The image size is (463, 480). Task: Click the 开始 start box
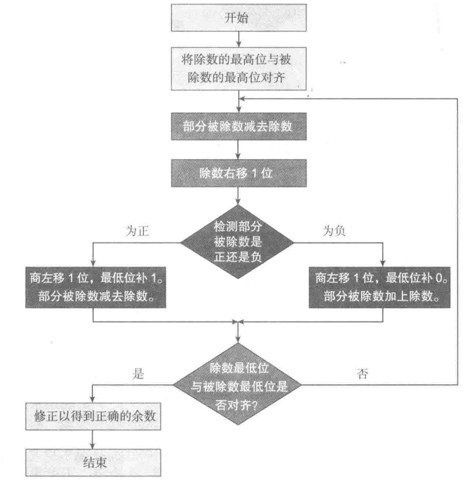pyautogui.click(x=239, y=18)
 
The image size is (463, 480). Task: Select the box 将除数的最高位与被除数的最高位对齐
pyautogui.click(x=239, y=68)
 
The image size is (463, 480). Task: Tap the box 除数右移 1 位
pyautogui.click(x=239, y=173)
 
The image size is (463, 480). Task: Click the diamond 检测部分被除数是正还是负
pyautogui.click(x=237, y=242)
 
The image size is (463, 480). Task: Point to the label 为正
pyautogui.click(x=137, y=231)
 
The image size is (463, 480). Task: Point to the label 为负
pyautogui.click(x=334, y=231)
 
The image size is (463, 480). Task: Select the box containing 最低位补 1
pyautogui.click(x=96, y=287)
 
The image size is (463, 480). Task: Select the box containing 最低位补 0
pyautogui.click(x=379, y=287)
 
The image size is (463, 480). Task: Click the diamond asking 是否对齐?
pyautogui.click(x=237, y=384)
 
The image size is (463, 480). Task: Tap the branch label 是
pyautogui.click(x=138, y=374)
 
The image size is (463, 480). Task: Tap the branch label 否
pyautogui.click(x=362, y=374)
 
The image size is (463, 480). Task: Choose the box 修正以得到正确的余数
pyautogui.click(x=93, y=416)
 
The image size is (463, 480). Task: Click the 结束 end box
pyautogui.click(x=93, y=462)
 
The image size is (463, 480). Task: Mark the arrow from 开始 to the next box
pyautogui.click(x=239, y=39)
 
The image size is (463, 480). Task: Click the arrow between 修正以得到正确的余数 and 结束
pyautogui.click(x=92, y=439)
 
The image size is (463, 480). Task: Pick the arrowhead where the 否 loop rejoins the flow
pyautogui.click(x=241, y=99)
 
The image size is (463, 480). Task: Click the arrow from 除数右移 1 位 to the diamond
pyautogui.click(x=238, y=196)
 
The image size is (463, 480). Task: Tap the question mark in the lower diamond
pyautogui.click(x=254, y=406)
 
